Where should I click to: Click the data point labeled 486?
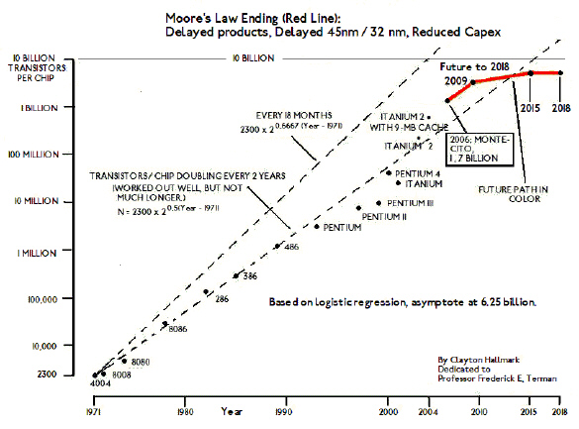pos(276,247)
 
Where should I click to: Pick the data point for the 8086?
pos(165,323)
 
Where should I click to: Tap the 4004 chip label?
pos(98,382)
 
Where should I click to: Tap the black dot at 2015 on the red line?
pos(531,73)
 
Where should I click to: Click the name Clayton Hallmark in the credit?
pos(486,359)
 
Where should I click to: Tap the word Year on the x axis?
pos(234,410)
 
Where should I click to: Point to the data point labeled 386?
pos(236,275)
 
